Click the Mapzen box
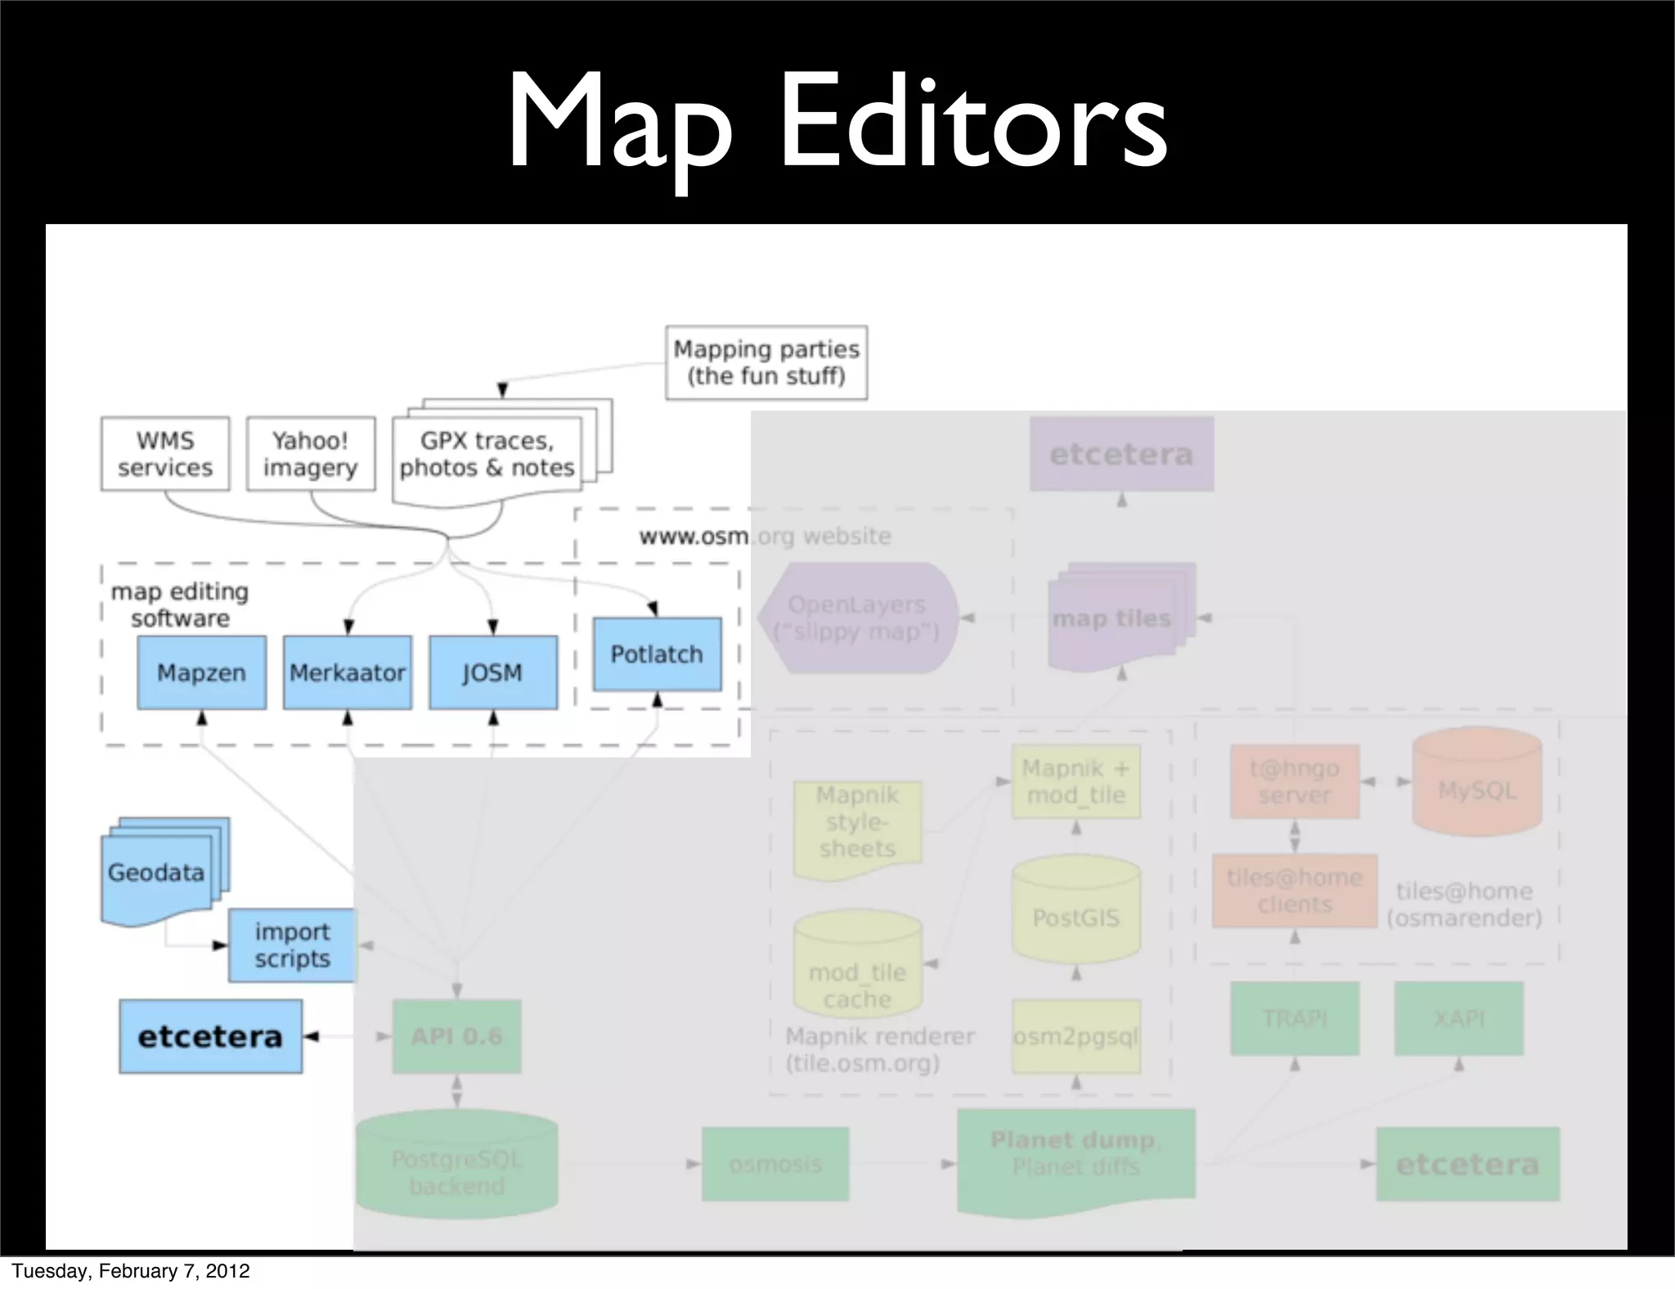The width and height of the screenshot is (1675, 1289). (x=201, y=672)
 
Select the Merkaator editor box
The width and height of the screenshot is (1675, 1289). (x=348, y=672)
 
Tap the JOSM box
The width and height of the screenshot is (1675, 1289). (x=492, y=672)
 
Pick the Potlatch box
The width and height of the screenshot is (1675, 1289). (x=657, y=654)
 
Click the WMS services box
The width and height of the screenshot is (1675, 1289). (x=165, y=454)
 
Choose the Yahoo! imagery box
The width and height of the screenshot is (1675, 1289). (x=311, y=454)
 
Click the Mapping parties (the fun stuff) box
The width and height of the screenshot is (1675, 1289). (x=766, y=362)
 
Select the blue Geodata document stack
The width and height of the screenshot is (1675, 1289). (x=157, y=873)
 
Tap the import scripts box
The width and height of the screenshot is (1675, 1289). (x=292, y=945)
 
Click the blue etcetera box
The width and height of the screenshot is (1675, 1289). (x=210, y=1036)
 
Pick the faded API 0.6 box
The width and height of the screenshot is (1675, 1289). (x=456, y=1036)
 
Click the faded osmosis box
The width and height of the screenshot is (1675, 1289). (x=775, y=1164)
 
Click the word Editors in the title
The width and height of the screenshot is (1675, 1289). (x=973, y=123)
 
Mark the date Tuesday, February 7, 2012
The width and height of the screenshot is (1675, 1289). (x=131, y=1271)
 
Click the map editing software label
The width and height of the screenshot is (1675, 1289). (x=180, y=604)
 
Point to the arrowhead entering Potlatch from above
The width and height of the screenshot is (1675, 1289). (x=653, y=609)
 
